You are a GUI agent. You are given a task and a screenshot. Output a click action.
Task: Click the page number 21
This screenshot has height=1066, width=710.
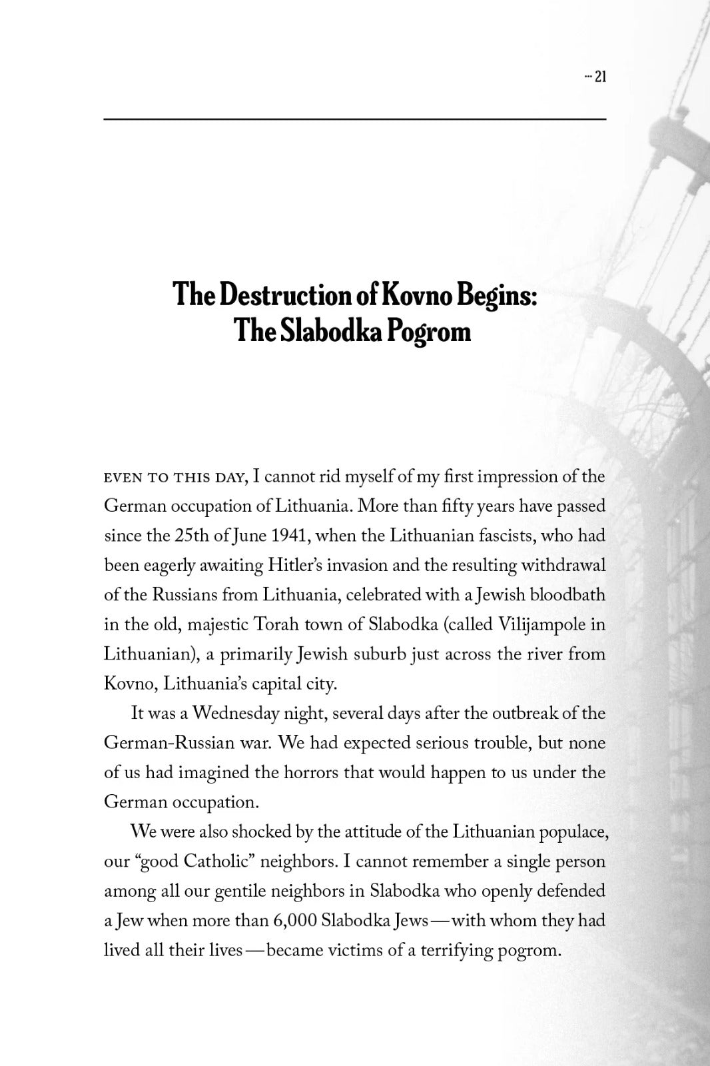[599, 77]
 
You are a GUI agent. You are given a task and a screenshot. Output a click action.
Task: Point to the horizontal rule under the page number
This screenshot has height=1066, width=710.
[354, 119]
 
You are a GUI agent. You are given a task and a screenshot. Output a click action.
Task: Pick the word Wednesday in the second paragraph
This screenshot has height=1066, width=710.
[235, 714]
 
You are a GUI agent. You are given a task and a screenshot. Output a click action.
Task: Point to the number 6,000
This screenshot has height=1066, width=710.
[294, 921]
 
